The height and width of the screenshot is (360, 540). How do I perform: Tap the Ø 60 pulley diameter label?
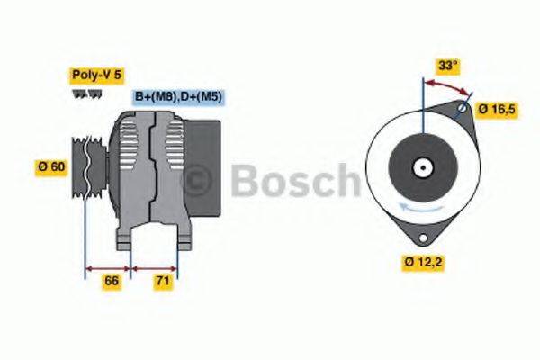point(50,167)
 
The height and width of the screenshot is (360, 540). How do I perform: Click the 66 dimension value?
point(112,282)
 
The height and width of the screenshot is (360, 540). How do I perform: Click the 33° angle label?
point(447,65)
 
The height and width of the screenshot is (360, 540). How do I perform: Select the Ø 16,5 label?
point(496,108)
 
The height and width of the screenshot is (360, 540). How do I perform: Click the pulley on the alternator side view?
point(87,166)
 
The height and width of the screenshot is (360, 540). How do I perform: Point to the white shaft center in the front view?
point(420,167)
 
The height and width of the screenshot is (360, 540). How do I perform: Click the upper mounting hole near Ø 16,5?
point(463,109)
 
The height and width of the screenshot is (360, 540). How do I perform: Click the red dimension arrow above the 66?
point(108,267)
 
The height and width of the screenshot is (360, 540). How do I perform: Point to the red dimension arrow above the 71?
point(155,267)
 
